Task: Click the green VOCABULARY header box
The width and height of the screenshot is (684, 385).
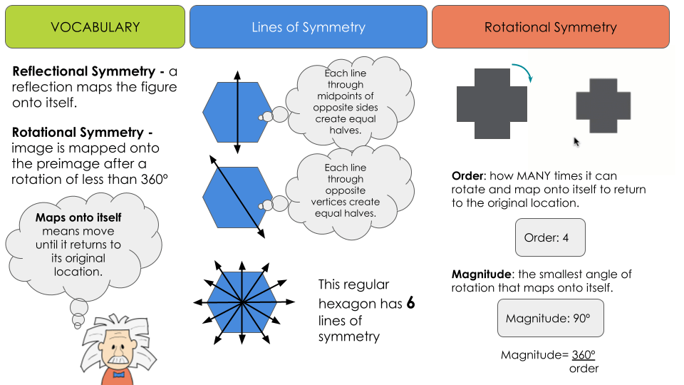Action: [x=95, y=28]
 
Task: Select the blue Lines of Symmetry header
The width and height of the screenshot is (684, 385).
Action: [x=308, y=28]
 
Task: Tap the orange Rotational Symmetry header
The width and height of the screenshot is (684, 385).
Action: [x=550, y=28]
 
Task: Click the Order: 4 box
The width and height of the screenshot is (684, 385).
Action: [x=550, y=237]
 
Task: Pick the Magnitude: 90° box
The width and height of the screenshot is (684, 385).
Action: [x=550, y=318]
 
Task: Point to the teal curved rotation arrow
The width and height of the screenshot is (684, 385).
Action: [x=524, y=72]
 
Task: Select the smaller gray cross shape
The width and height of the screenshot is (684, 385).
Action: [x=603, y=106]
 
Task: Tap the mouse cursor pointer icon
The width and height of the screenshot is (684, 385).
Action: [x=576, y=142]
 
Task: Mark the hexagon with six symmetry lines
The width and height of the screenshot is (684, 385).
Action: [x=242, y=302]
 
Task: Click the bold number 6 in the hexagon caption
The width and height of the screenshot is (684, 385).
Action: [x=410, y=304]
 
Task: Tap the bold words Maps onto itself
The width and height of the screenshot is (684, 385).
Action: [x=78, y=217]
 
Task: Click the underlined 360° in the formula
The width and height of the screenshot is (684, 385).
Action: [x=584, y=354]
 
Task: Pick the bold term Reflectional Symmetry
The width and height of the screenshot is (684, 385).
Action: [x=83, y=72]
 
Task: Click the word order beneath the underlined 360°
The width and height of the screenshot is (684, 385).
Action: [x=584, y=368]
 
